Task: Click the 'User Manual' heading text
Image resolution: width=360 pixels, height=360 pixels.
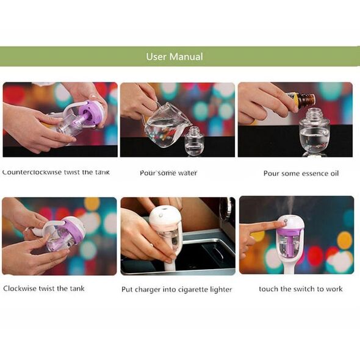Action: [175, 57]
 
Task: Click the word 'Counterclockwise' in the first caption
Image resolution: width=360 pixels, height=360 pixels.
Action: [32, 172]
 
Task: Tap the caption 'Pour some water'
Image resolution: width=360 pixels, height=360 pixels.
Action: [168, 173]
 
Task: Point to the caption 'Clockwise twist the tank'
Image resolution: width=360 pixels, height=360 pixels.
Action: [44, 289]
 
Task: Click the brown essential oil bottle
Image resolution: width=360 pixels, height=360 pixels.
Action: [301, 99]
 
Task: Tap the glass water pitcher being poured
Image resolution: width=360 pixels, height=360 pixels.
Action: [167, 126]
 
